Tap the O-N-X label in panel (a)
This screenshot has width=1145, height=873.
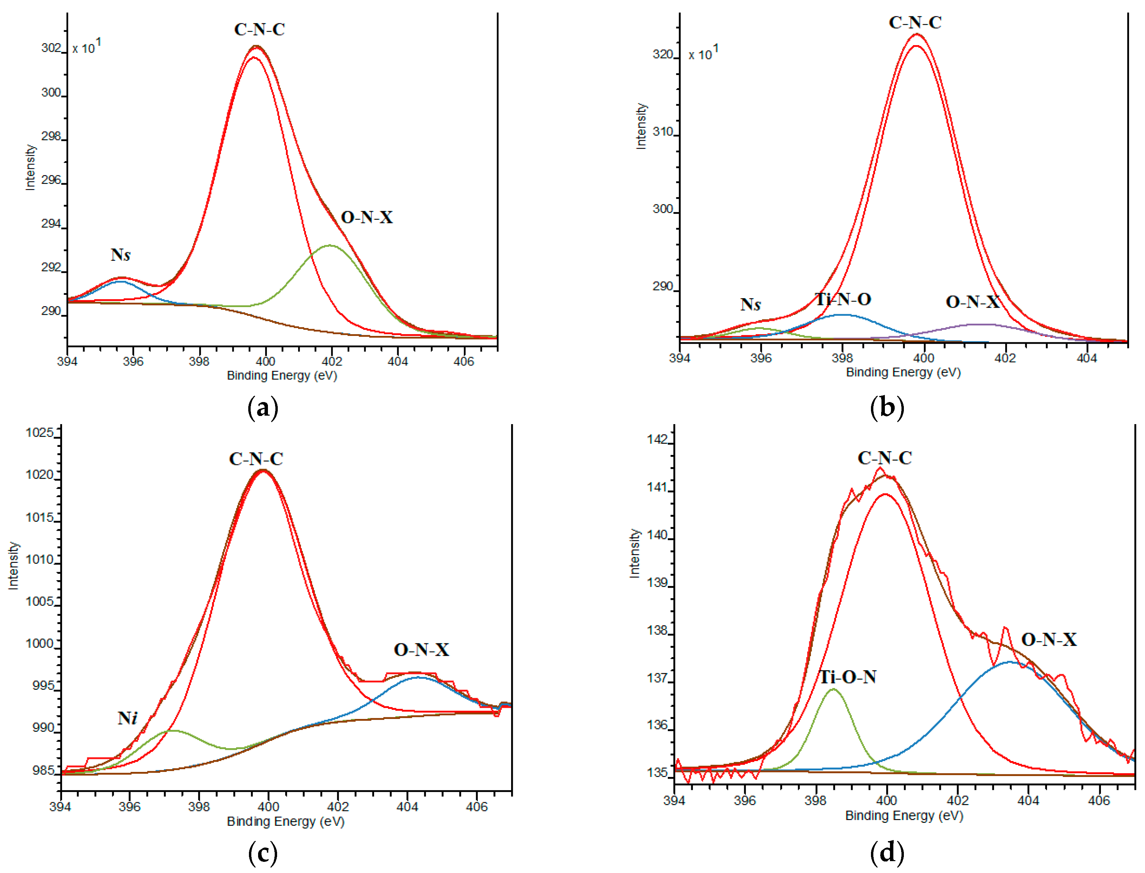[x=367, y=217]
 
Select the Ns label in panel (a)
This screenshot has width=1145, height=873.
[x=120, y=254]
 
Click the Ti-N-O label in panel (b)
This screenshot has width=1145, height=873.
[x=843, y=299]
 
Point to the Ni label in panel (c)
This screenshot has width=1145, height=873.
[x=127, y=718]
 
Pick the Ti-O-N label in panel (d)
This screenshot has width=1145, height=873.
[x=848, y=677]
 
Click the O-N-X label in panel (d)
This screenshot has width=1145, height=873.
[x=1049, y=640]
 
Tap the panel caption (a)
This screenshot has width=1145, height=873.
[x=263, y=407]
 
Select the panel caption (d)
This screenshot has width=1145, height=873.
[x=887, y=853]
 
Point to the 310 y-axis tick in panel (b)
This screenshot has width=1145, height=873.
[x=663, y=132]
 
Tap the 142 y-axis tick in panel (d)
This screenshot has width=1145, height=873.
[x=657, y=440]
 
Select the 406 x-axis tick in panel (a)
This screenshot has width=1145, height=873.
[x=464, y=361]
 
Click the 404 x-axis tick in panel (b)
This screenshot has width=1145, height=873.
[x=1086, y=358]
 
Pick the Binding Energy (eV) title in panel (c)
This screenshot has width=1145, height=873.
[x=286, y=821]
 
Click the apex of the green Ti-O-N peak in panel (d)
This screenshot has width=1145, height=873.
[x=833, y=689]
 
